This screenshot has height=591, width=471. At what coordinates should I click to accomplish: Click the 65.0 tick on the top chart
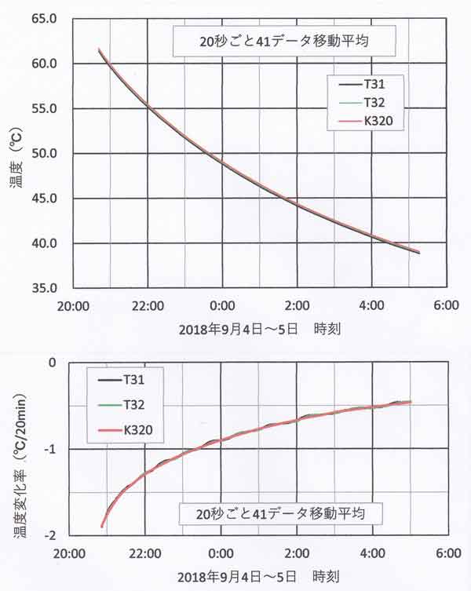pyautogui.click(x=44, y=17)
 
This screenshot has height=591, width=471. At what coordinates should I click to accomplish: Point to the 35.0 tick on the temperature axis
pyautogui.click(x=44, y=288)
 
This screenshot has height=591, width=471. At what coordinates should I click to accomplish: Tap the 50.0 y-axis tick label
pyautogui.click(x=44, y=153)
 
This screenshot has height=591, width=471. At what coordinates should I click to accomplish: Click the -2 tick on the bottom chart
pyautogui.click(x=53, y=535)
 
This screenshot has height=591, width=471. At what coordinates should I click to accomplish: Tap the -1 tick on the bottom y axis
pyautogui.click(x=53, y=449)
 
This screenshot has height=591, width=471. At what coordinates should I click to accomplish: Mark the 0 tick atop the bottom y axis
pyautogui.click(x=54, y=363)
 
